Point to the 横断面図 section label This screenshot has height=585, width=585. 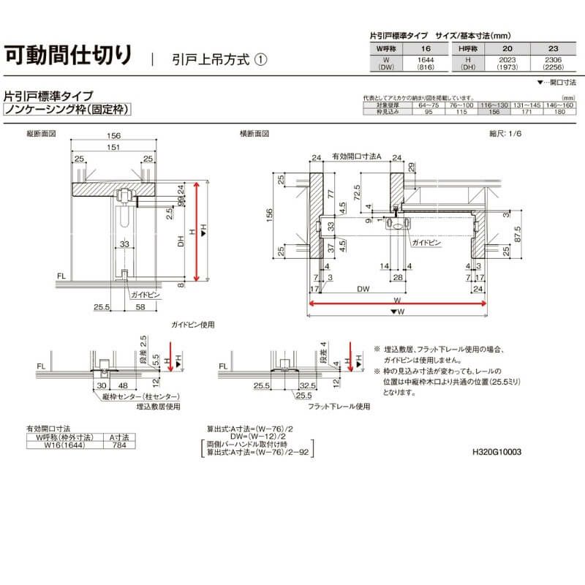pos(254,135)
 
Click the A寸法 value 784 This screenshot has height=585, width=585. pos(118,444)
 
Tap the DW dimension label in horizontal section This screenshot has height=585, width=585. pos(363,290)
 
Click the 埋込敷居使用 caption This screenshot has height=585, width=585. pos(158,406)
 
